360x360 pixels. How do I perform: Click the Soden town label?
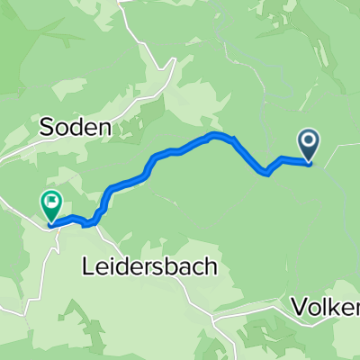(76, 129)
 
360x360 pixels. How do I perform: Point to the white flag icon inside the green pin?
(50, 202)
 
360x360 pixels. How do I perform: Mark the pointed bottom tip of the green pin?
(50, 220)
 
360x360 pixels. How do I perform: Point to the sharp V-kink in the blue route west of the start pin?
(267, 173)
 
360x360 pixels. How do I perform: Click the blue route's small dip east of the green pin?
(88, 222)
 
